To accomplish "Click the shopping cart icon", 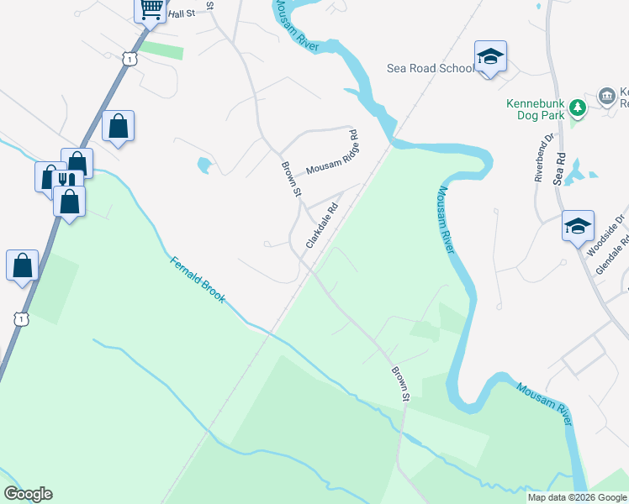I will point(150,10).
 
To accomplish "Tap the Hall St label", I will point(181,14).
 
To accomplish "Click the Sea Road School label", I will point(431,68).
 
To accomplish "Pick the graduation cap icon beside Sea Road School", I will point(490,56).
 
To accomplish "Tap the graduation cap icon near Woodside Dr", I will point(578,225).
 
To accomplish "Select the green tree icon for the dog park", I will point(577,107).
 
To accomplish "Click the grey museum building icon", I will point(605,97).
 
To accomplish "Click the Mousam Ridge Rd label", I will point(332,153).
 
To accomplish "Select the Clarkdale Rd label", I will point(322,224).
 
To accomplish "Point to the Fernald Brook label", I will point(198,280).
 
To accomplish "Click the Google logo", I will point(28,494).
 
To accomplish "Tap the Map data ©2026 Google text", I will point(577,497).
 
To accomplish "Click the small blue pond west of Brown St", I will point(203,165).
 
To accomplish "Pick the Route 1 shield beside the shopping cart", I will point(128,56).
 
